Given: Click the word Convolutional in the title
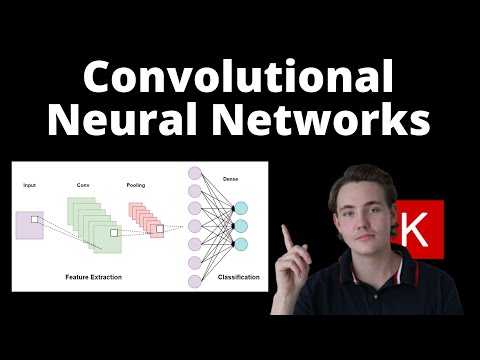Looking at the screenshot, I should pyautogui.click(x=239, y=77).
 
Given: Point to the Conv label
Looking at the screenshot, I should pyautogui.click(x=83, y=186).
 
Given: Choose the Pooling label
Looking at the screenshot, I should pyautogui.click(x=137, y=186).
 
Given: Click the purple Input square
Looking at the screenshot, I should pyautogui.click(x=30, y=224).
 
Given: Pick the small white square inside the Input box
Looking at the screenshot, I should pyautogui.click(x=35, y=219).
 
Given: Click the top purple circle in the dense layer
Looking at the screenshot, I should pyautogui.click(x=194, y=172).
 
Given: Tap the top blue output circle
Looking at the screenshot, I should pyautogui.click(x=240, y=208).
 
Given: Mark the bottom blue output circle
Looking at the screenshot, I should pyautogui.click(x=240, y=243).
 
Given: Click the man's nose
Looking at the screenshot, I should pyautogui.click(x=361, y=221).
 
